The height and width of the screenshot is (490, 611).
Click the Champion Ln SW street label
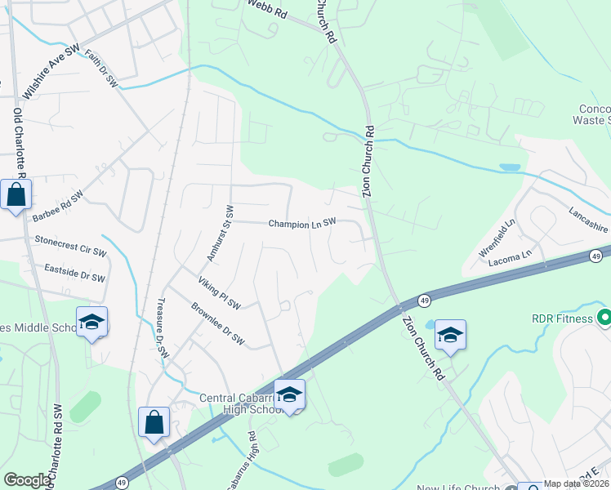pos(302,223)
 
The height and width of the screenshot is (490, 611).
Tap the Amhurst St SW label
pos(216,234)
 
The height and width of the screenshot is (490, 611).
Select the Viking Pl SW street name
pos(219,293)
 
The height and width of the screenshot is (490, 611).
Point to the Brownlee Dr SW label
pos(217,323)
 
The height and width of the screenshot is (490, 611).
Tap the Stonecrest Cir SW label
pos(71,246)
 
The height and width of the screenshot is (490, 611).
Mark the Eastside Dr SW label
pos(75,272)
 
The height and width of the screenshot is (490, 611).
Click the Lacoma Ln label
pos(511,253)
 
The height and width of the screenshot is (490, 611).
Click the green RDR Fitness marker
pos(604,317)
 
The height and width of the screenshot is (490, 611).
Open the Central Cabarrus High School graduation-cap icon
pos(289,394)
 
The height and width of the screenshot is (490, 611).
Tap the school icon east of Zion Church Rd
pos(450,335)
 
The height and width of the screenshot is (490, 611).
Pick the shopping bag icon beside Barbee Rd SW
pos(16,194)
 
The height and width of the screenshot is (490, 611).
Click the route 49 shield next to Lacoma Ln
pos(596,256)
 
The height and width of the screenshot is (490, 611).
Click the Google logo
pos(27,480)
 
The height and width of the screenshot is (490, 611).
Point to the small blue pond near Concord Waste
pos(510,167)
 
